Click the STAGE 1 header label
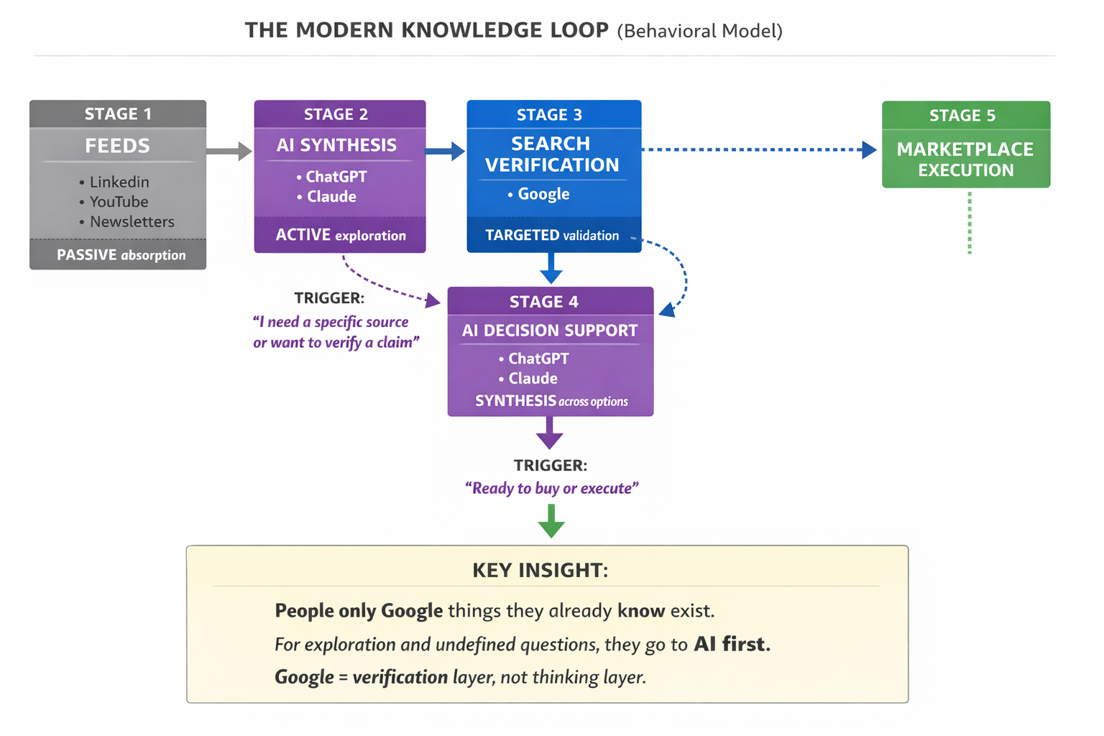point(118,114)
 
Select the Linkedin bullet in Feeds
point(119,182)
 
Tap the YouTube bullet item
point(119,202)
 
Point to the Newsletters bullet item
point(132,222)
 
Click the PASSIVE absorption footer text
point(121,255)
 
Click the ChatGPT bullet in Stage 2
point(336,177)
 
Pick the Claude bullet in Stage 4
point(533,379)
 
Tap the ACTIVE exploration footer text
point(341,235)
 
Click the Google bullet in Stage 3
point(543,194)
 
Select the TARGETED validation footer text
point(552,235)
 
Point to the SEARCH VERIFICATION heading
point(551,155)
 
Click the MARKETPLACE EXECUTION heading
point(965,160)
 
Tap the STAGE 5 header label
point(962,116)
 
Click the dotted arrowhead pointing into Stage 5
point(869,149)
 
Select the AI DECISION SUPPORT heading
point(550,331)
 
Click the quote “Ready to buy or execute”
point(551,489)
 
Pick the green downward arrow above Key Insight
point(551,521)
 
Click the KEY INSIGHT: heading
point(540,571)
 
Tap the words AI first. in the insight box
point(732,644)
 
